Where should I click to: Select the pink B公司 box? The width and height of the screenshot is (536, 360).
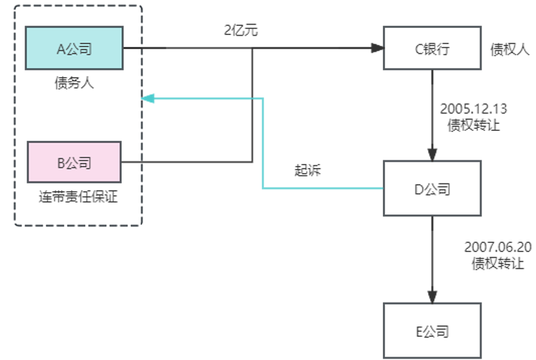click(x=74, y=162)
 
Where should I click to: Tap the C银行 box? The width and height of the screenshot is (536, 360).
click(x=432, y=48)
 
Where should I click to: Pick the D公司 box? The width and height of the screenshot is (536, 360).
click(x=432, y=188)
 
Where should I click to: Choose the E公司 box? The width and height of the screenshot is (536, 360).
click(x=432, y=330)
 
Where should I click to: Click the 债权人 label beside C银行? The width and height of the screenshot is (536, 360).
click(x=510, y=49)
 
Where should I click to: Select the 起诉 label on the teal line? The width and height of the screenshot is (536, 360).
click(x=307, y=171)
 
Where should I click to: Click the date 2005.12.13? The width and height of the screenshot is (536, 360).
click(x=474, y=109)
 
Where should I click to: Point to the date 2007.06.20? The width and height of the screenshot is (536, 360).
click(x=498, y=248)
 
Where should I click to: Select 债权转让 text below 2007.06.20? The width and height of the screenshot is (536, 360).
click(x=498, y=264)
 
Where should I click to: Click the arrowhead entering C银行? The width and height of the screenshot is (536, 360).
click(x=378, y=48)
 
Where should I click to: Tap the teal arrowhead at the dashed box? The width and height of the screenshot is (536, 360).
click(x=147, y=99)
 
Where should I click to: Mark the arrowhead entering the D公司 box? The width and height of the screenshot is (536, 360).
click(x=432, y=155)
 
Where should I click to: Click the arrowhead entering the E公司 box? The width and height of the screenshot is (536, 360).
click(x=432, y=297)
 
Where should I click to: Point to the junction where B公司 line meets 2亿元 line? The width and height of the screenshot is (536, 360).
click(x=252, y=48)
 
